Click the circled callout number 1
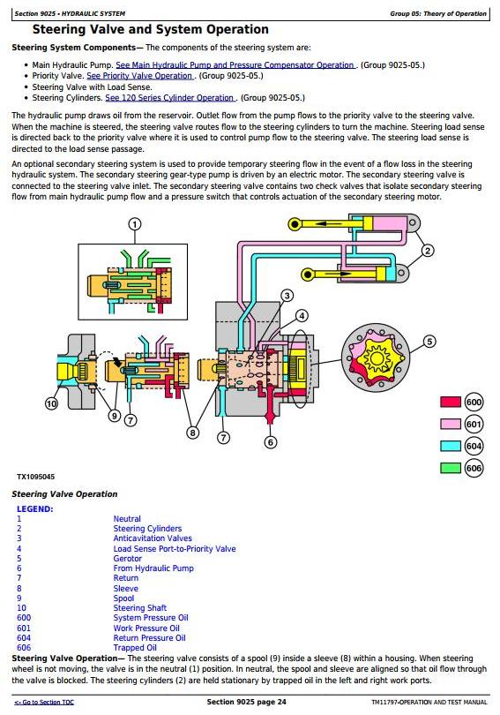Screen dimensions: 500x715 pos(135,224)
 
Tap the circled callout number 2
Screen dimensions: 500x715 pos(427,251)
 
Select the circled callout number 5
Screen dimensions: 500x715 pos(429,341)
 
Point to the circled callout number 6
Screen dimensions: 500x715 pos(271,442)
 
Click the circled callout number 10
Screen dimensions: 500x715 pos(51,403)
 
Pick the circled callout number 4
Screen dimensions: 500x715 pos(302,315)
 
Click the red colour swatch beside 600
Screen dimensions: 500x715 pos(451,402)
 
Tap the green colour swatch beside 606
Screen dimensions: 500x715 pos(451,468)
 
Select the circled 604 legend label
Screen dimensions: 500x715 pos(474,446)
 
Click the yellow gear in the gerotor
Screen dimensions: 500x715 pos(377,359)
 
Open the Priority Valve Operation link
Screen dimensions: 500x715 pos(140,76)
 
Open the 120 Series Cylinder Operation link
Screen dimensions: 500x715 pos(170,98)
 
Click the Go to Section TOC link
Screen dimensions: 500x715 pos(44,703)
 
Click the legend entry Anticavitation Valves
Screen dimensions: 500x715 pos(153,538)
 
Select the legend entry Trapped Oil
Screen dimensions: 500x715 pos(135,648)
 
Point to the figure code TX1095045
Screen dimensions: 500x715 pos(35,477)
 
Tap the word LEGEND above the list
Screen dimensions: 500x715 pos(34,509)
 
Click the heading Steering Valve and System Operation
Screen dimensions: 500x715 pos(150,30)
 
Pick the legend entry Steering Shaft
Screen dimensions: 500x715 pos(140,608)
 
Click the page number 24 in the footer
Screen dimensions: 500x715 pos(281,702)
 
